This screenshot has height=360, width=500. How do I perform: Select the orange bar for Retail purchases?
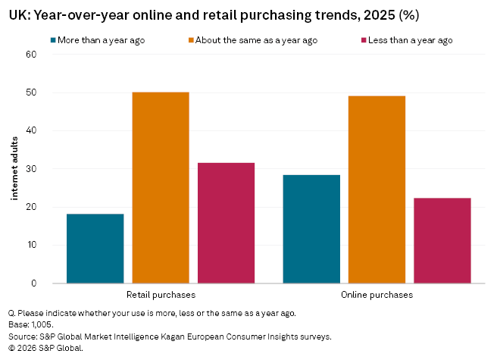(x=160, y=187)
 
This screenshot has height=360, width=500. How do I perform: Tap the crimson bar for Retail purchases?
(x=226, y=223)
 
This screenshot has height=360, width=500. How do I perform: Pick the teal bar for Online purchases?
(x=311, y=229)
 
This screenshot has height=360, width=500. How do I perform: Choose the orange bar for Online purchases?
(x=377, y=189)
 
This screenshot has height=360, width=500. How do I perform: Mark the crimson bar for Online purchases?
(x=442, y=240)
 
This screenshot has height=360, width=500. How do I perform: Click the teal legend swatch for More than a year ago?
(x=54, y=40)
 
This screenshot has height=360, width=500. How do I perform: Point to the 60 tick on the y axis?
(x=31, y=55)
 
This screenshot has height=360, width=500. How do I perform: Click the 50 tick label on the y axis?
(x=31, y=92)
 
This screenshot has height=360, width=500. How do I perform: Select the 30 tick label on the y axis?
(x=31, y=169)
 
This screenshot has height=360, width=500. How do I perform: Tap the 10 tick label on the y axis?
(x=31, y=245)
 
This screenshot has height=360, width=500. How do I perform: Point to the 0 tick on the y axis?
(x=33, y=283)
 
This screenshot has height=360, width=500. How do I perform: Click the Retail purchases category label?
(x=160, y=294)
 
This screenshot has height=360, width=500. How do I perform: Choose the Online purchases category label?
(x=377, y=294)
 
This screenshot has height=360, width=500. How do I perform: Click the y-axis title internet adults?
(x=14, y=169)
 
